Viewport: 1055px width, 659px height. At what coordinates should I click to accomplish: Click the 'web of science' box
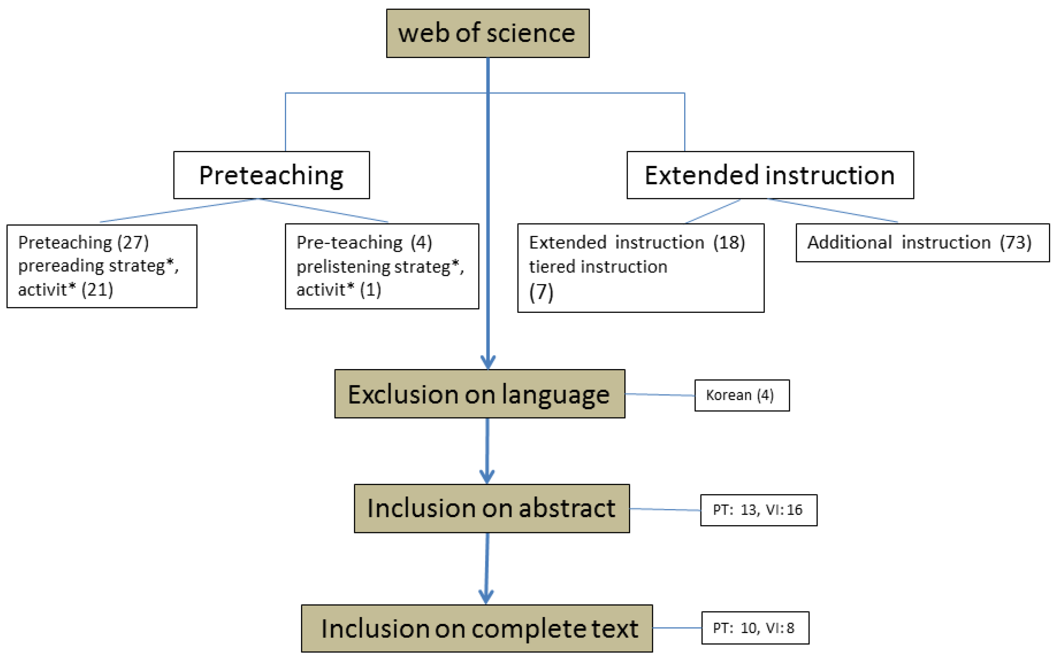pyautogui.click(x=487, y=33)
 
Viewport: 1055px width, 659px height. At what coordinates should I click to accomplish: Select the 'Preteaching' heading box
pyautogui.click(x=271, y=175)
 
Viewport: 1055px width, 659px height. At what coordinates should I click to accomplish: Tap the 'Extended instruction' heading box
pyautogui.click(x=770, y=175)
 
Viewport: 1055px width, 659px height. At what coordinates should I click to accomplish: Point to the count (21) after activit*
pyautogui.click(x=97, y=289)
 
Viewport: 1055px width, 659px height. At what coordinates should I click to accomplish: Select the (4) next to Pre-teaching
pyautogui.click(x=421, y=242)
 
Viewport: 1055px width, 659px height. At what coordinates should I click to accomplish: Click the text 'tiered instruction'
pyautogui.click(x=598, y=266)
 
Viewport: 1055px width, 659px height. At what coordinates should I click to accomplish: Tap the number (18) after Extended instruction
pyautogui.click(x=729, y=242)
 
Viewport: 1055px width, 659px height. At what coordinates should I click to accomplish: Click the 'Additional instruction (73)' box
pyautogui.click(x=922, y=243)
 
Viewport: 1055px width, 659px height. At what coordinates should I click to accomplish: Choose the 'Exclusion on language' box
pyautogui.click(x=479, y=394)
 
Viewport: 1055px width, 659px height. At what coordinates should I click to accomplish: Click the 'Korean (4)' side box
pyautogui.click(x=741, y=395)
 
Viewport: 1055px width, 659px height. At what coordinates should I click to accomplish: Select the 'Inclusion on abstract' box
pyautogui.click(x=491, y=508)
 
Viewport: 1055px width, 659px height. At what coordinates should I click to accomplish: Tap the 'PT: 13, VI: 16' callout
pyautogui.click(x=759, y=510)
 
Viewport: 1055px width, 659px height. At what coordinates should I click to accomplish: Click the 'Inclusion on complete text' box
pyautogui.click(x=477, y=628)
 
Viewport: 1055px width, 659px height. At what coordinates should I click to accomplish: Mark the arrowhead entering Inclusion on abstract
pyautogui.click(x=487, y=476)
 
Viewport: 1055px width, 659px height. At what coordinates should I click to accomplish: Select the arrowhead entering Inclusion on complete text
pyautogui.click(x=486, y=596)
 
